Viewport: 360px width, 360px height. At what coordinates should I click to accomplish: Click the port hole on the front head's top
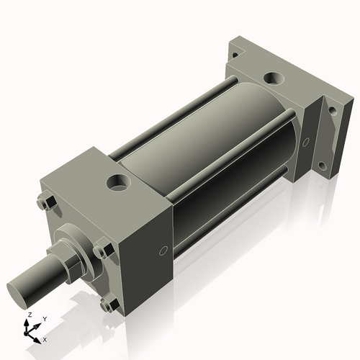point(117,181)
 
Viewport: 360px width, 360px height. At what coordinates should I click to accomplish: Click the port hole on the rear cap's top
point(273,76)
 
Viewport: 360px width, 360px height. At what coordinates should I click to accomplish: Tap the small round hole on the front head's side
point(163,251)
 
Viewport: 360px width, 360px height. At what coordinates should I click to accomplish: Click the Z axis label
point(29,315)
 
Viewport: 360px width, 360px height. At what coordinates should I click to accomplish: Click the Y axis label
point(45,318)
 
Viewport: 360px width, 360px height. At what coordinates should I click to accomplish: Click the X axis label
point(45,338)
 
